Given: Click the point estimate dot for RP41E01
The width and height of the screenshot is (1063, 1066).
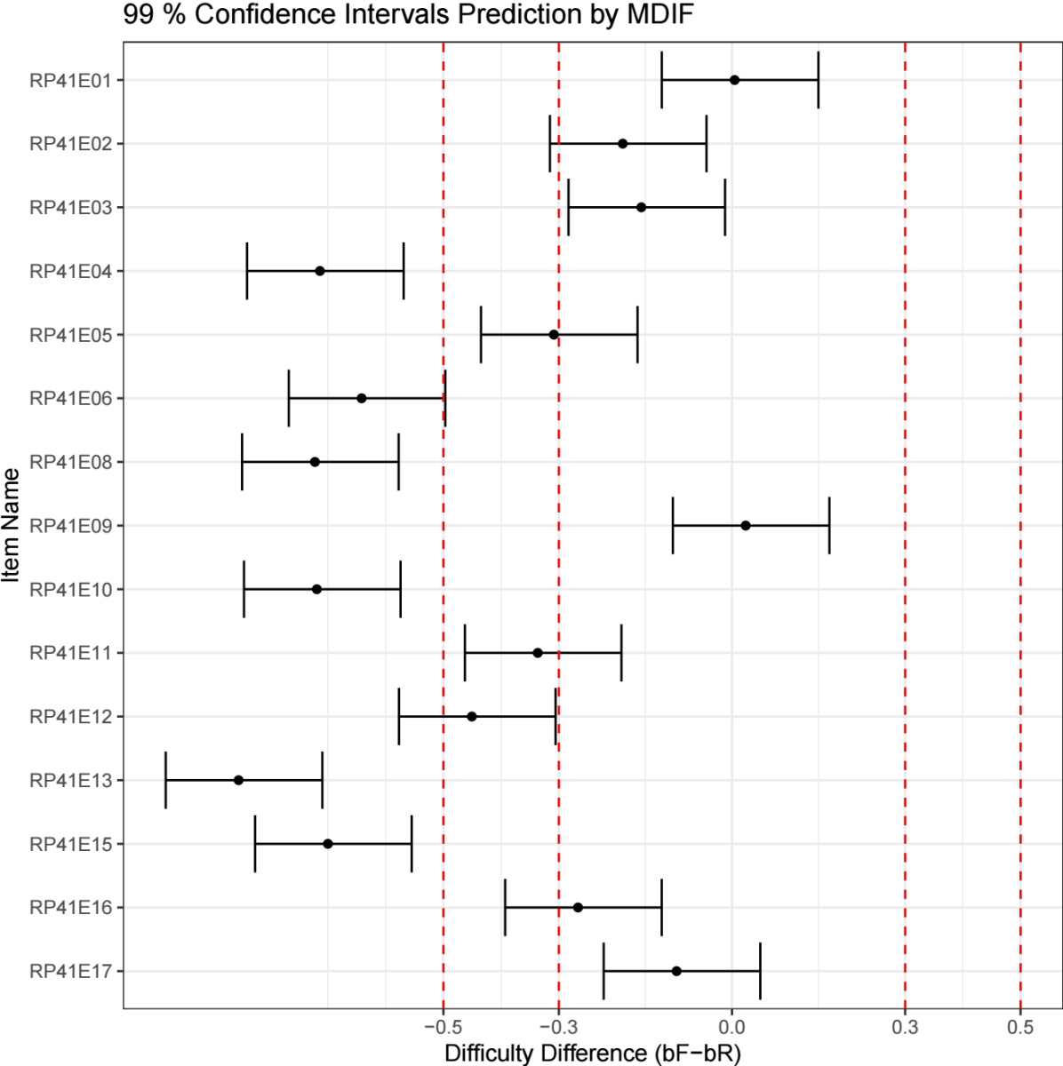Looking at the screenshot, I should [x=734, y=80].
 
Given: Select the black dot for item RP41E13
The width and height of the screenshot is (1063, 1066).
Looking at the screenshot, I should [x=238, y=780].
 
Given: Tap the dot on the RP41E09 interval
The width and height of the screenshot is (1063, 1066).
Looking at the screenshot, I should [x=746, y=526].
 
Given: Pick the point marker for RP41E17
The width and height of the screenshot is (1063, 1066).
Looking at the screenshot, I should [x=676, y=971].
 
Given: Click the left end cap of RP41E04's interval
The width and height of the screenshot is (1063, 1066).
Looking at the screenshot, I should [x=247, y=271].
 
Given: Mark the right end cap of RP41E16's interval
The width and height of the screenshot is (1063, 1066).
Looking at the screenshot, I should [x=661, y=907].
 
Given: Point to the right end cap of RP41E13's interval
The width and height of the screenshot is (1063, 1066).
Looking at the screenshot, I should [x=322, y=780].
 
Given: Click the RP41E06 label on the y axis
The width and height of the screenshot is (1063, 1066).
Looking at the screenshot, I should [x=71, y=399].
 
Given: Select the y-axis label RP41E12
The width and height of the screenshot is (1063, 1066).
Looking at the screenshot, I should [x=71, y=717].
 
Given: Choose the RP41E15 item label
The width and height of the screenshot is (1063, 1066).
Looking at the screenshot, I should [x=71, y=844].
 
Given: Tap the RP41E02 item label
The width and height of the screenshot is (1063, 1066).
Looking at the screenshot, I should [x=71, y=144].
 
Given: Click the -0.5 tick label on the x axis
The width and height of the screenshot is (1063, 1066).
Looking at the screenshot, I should [x=443, y=1028].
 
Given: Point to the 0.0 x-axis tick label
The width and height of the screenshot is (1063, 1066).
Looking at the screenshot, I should [x=731, y=1028].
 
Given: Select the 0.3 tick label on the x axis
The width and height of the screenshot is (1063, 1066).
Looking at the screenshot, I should [x=905, y=1028].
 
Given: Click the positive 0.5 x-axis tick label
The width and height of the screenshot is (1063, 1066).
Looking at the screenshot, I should [x=1020, y=1028].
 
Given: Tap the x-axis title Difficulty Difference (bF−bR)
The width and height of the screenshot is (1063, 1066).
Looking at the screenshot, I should [x=592, y=1054].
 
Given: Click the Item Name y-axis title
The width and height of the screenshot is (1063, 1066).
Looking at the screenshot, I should [x=12, y=526].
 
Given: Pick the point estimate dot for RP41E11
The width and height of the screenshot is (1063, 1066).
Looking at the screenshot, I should [x=538, y=653].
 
